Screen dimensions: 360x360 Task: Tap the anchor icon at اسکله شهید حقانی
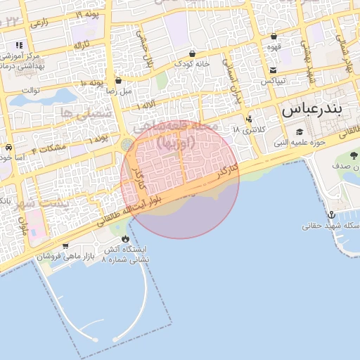pyautogui.click(x=331, y=214)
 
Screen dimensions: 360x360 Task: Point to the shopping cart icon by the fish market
pyautogui.click(x=65, y=246)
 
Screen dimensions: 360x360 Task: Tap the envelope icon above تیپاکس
pyautogui.click(x=273, y=70)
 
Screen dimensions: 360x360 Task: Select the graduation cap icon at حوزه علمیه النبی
pyautogui.click(x=299, y=132)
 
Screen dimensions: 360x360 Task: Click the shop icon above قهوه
pyautogui.click(x=274, y=36)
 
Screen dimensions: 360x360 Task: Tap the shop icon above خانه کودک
pyautogui.click(x=192, y=53)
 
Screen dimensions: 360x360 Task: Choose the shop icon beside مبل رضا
pyautogui.click(x=118, y=80)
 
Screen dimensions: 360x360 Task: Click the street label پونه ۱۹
pyautogui.click(x=89, y=13)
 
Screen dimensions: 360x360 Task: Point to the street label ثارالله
pyautogui.click(x=83, y=45)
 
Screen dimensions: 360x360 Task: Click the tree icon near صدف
pyautogui.click(x=354, y=155)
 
